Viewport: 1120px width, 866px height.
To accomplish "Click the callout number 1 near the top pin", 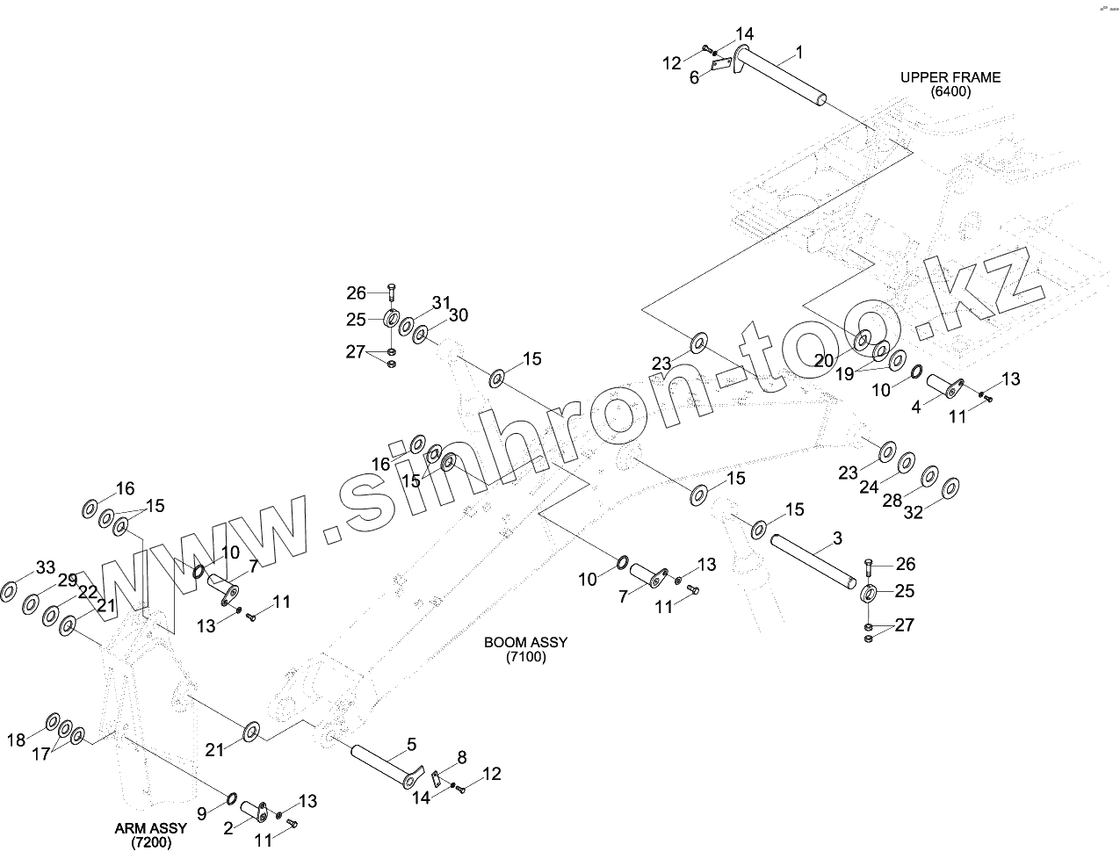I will point(799,53).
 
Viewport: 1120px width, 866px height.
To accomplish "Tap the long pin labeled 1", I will point(782,76).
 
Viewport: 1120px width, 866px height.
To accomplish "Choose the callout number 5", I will point(411,747).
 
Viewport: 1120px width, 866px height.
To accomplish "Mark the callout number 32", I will point(914,513).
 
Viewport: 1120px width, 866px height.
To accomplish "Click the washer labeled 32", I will point(950,487).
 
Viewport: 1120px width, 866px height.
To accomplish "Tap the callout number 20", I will point(824,359).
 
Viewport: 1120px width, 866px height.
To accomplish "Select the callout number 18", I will point(17,740).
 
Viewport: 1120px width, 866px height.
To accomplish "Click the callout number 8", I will point(462,757).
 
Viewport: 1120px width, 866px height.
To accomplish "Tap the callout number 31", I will point(440,303).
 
